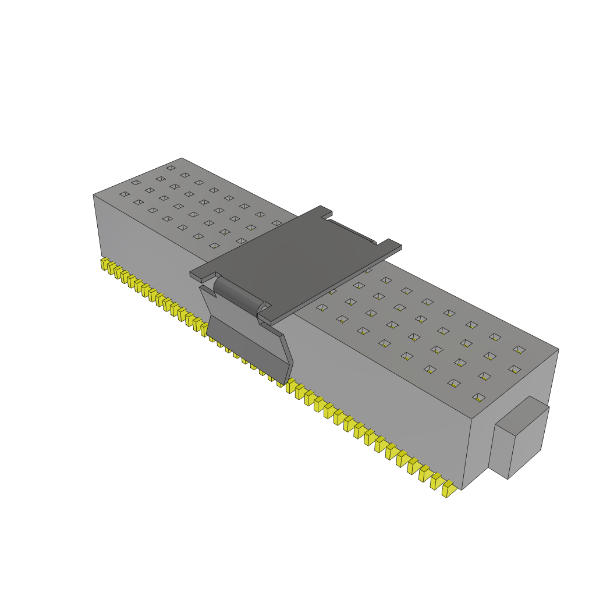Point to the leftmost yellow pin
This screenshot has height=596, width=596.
point(104,264)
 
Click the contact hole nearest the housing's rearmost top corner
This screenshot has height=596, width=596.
point(171,168)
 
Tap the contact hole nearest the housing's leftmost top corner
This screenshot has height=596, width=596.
point(124,194)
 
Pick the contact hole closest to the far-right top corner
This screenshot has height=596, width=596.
point(519,349)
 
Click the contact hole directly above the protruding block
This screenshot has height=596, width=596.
point(478,398)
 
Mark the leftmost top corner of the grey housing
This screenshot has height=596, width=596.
point(94,195)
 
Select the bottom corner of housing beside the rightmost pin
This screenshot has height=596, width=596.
point(462,489)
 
